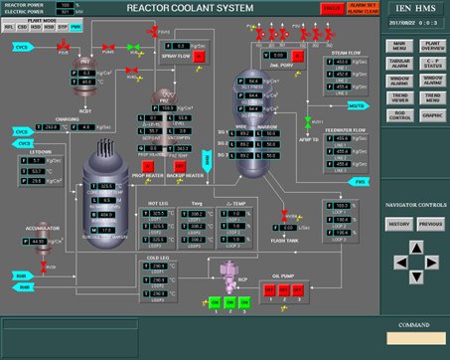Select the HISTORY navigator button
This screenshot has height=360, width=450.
[400, 224]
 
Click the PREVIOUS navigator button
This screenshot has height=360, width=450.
[430, 224]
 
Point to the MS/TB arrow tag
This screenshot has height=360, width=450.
[358, 104]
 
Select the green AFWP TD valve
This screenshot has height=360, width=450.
[307, 122]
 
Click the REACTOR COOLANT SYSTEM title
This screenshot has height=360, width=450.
[190, 8]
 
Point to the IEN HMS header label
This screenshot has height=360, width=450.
[413, 9]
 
